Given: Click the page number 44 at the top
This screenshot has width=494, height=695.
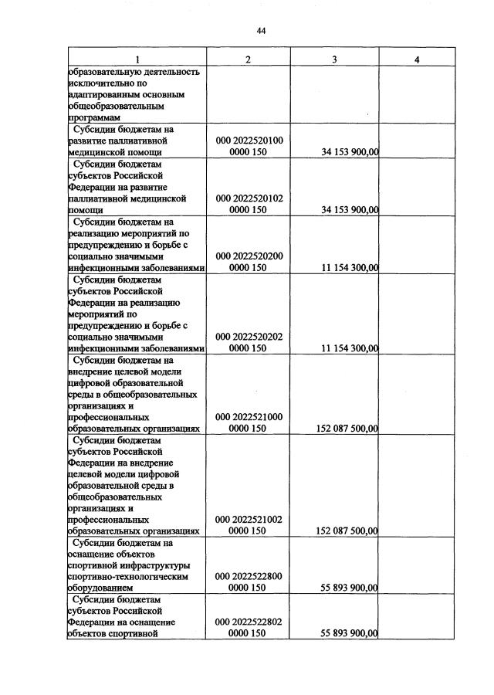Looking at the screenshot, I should coord(260,31).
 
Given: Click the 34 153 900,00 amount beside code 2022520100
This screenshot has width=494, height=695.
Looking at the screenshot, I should coord(349,153).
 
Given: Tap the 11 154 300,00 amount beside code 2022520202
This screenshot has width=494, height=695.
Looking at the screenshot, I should coord(349,348).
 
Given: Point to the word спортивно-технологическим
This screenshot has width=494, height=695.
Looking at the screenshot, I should coord(128,577).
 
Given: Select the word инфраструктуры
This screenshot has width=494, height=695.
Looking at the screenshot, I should coord(141,565).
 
